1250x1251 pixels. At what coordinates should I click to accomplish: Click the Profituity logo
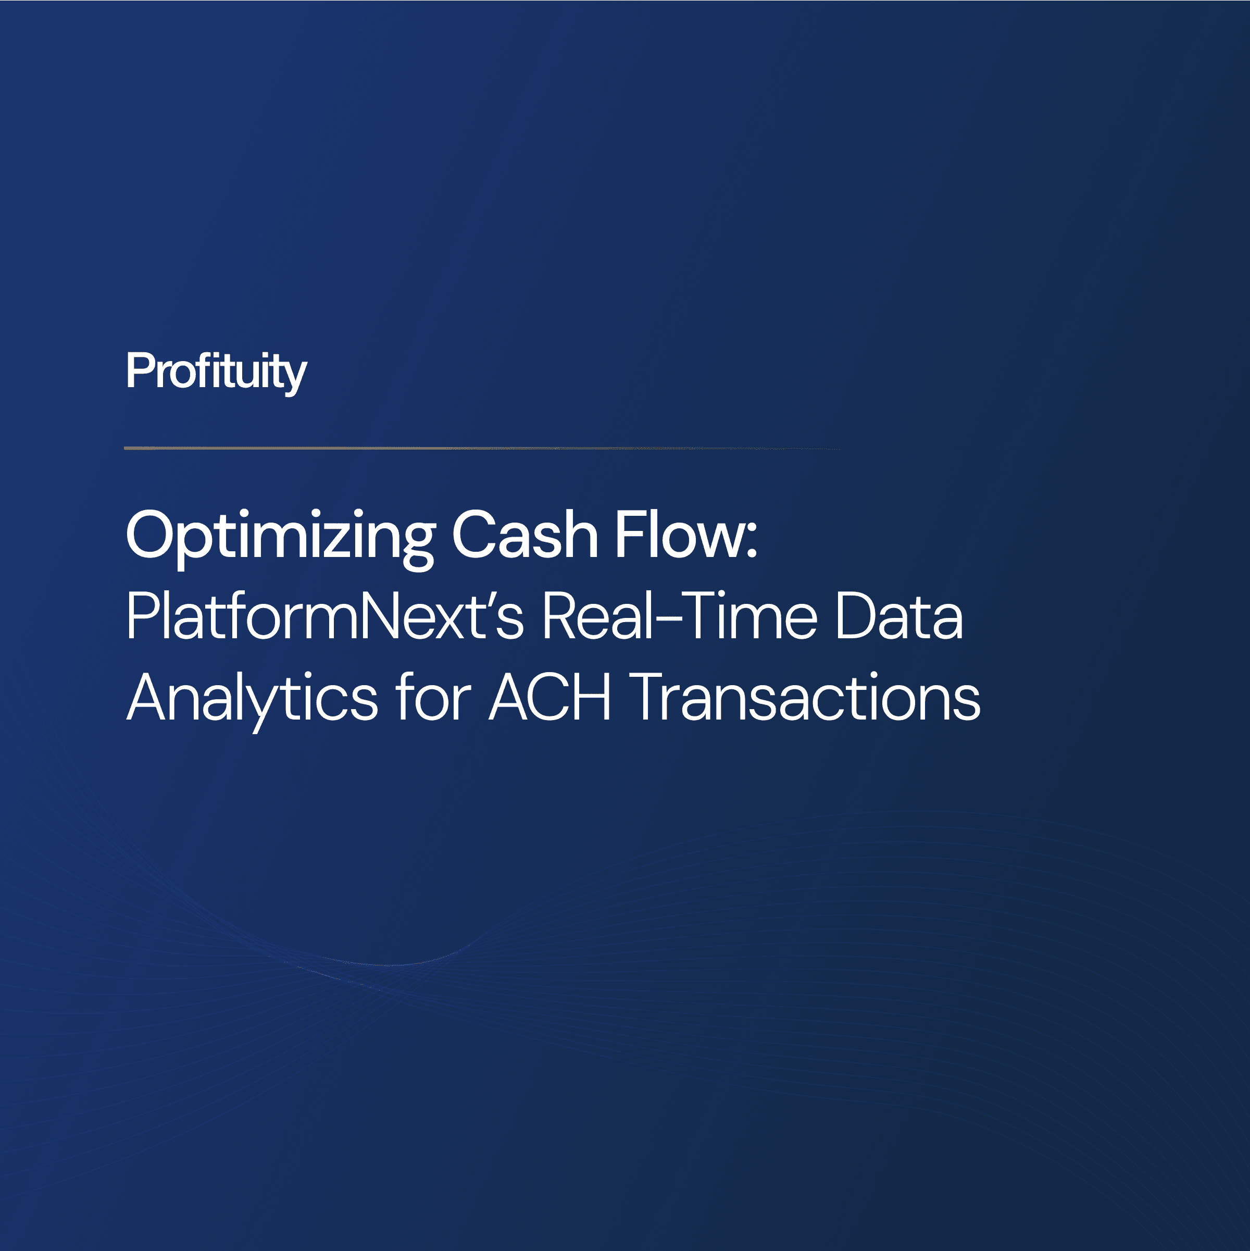click(x=216, y=371)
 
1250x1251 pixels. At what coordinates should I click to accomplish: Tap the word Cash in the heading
click(x=524, y=535)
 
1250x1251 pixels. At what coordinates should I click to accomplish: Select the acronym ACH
click(x=549, y=697)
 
